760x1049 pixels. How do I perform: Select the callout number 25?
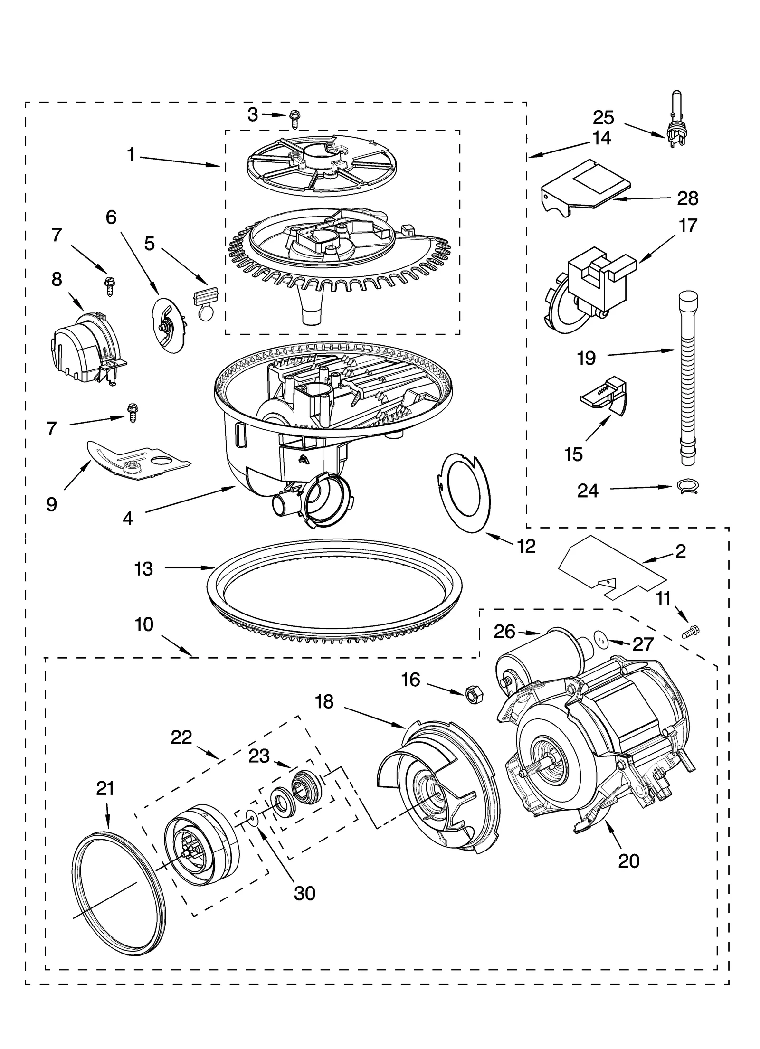tap(603, 117)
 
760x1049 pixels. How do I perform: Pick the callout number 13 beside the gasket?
tap(143, 568)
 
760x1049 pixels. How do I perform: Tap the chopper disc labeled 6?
tap(169, 325)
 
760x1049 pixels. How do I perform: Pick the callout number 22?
tap(181, 737)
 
